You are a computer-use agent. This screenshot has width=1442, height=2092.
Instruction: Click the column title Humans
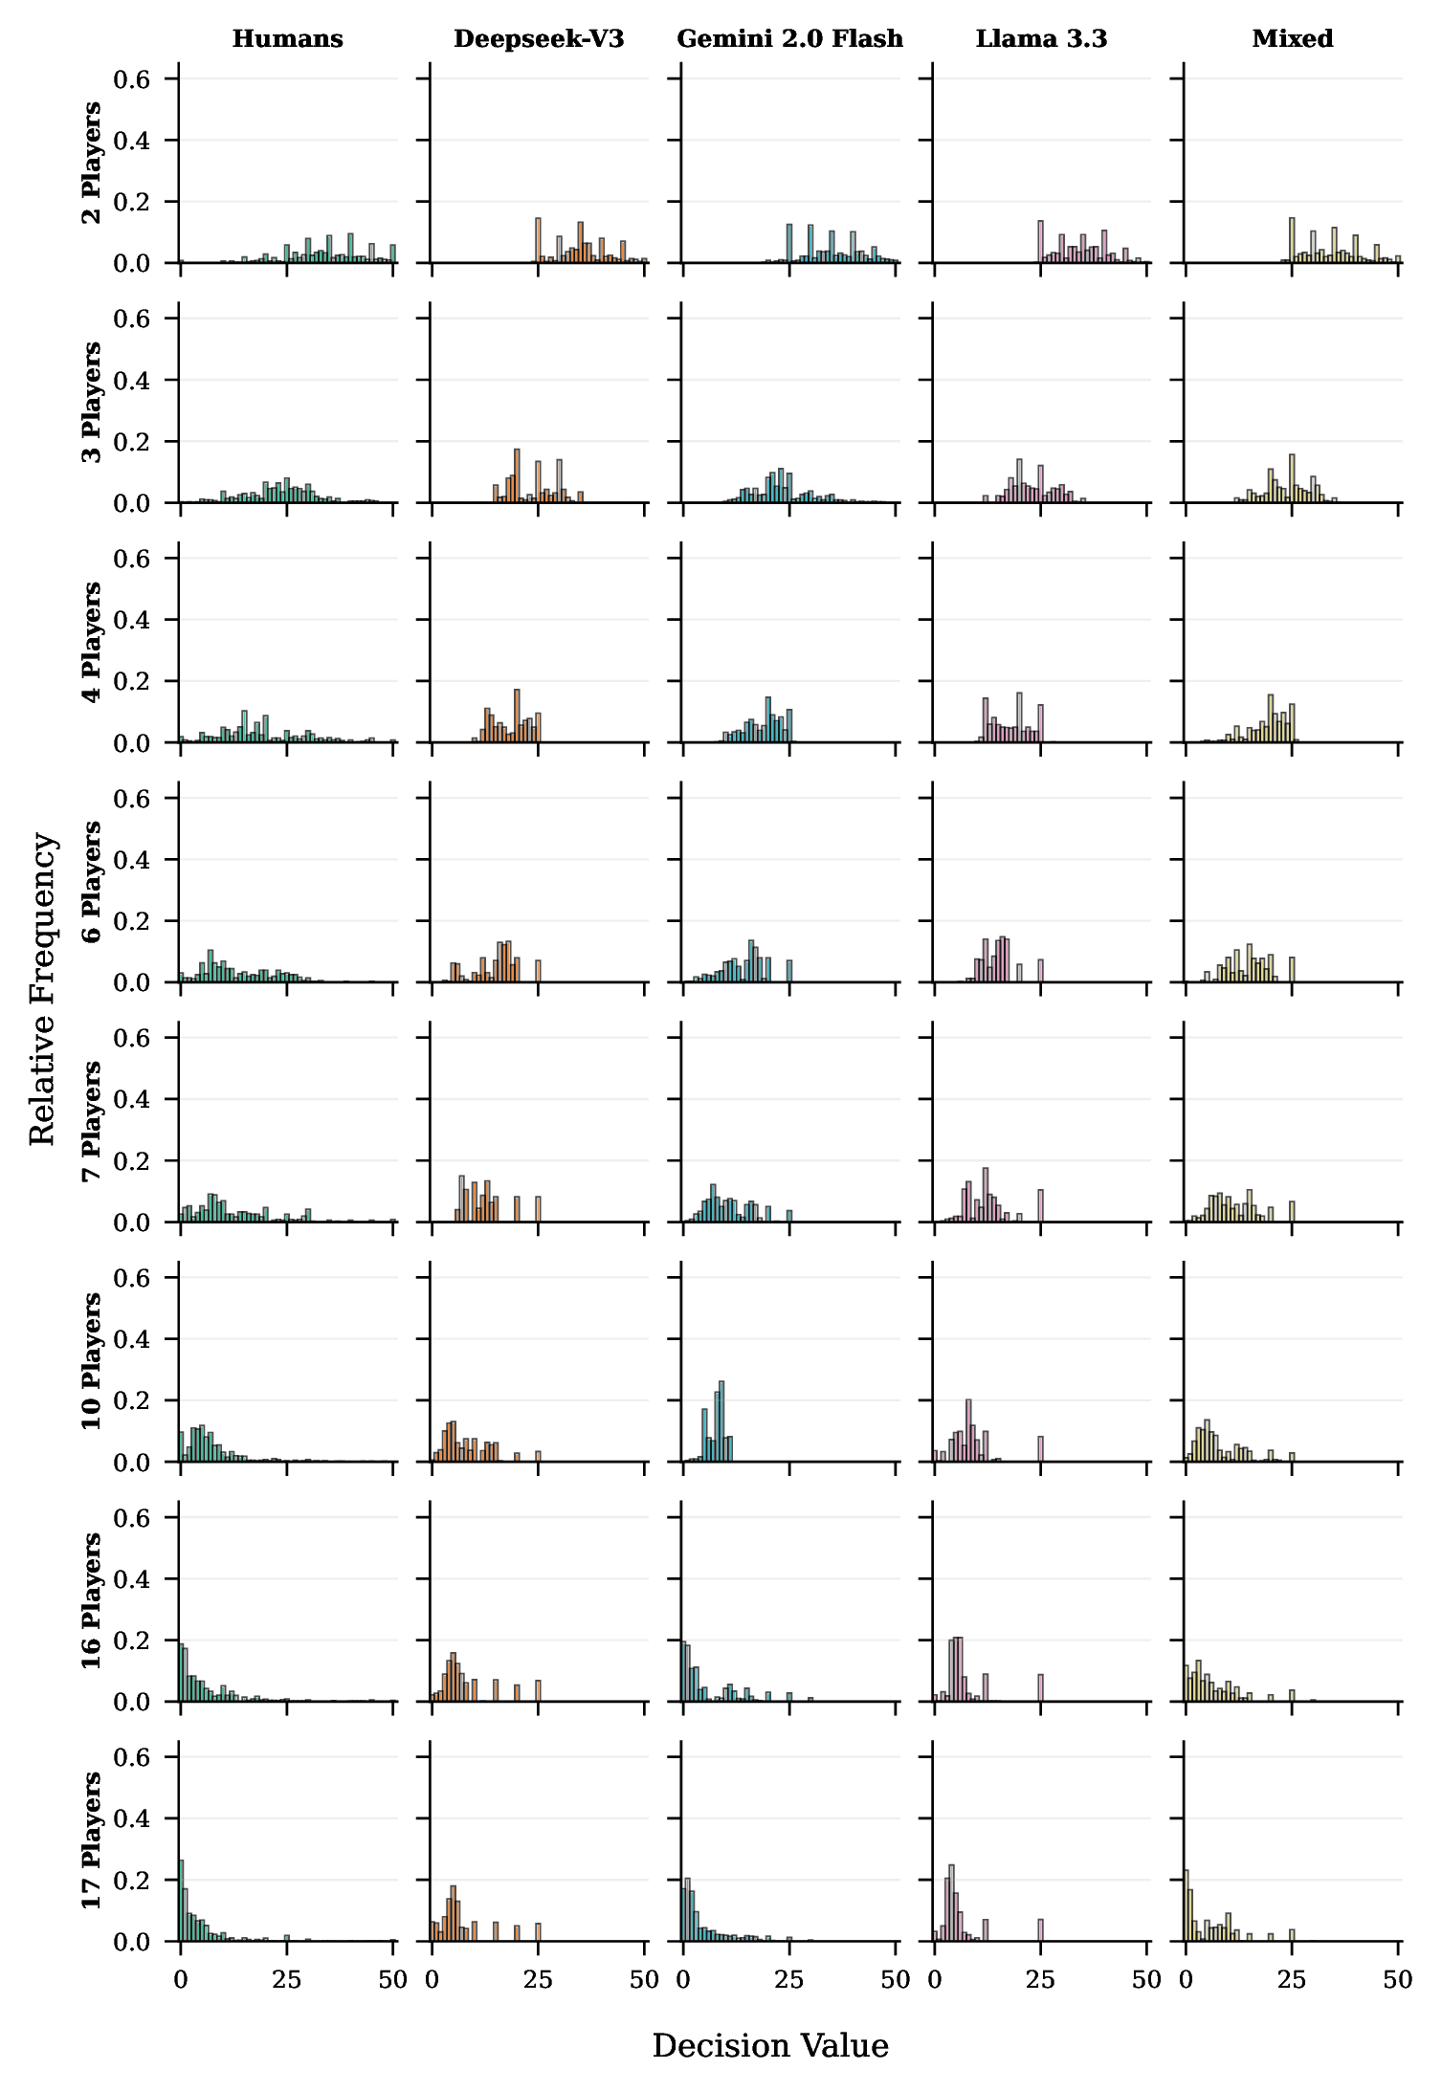tap(287, 39)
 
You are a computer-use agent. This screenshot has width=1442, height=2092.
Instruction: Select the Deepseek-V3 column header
tap(539, 39)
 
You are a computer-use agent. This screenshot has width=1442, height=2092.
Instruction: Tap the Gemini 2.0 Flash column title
tap(789, 39)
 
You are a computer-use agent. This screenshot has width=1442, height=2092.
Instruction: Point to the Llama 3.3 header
tap(1041, 39)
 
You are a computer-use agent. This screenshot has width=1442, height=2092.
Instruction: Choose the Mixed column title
tap(1292, 39)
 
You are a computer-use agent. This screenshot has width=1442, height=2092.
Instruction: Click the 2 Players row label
tap(92, 163)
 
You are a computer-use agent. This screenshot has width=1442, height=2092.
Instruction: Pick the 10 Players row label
tap(92, 1361)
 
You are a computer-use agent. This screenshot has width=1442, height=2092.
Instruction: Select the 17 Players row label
tap(92, 1840)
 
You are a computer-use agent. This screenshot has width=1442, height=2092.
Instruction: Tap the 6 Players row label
tap(92, 882)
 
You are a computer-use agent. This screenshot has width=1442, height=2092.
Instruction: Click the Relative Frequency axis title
tap(42, 988)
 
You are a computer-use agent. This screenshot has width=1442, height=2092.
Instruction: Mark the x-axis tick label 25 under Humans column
tap(287, 1980)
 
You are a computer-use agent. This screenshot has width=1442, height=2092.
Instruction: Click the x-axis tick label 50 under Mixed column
tap(1398, 1980)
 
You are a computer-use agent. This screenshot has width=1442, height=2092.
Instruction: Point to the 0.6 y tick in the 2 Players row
tap(132, 79)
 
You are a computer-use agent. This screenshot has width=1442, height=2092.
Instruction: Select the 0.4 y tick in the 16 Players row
tap(132, 1579)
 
